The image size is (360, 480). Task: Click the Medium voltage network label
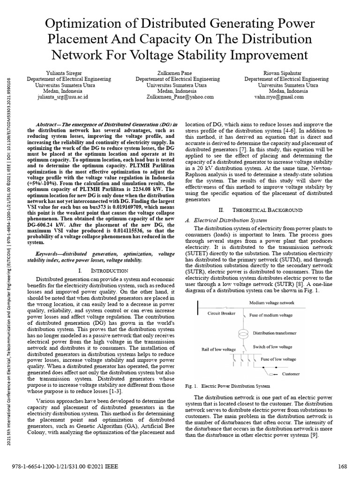[272, 303]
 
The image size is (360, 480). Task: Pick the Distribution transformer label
[275, 333]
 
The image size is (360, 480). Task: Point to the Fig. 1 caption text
[228, 386]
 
